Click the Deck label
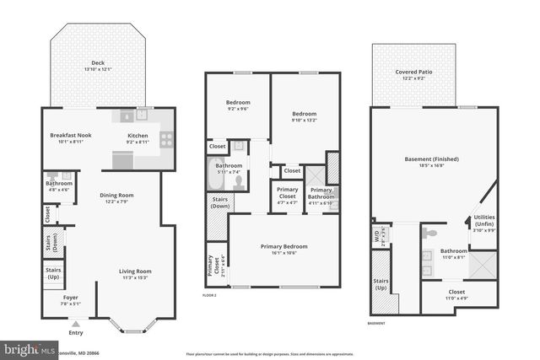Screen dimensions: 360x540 coord(99,62)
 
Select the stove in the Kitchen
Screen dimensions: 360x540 coord(166,140)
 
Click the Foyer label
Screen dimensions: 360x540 coord(71,297)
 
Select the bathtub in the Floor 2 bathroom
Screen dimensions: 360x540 coord(215,180)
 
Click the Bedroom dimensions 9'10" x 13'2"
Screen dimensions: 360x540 coord(304,120)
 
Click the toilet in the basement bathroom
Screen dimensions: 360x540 coord(430,232)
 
